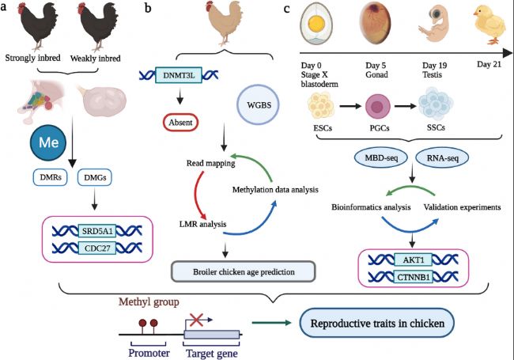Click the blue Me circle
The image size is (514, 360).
tap(48, 142)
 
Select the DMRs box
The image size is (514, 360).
tap(51, 177)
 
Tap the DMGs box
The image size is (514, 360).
tap(95, 177)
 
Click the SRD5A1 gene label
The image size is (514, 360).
tap(97, 231)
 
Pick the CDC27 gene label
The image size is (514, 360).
tap(97, 248)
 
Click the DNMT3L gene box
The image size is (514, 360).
tap(179, 75)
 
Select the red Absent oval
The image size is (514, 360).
tap(180, 123)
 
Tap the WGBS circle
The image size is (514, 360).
tap(259, 105)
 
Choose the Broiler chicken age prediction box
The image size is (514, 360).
tap(244, 272)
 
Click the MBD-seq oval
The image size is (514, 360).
tap(381, 157)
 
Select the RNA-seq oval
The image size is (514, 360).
tap(442, 157)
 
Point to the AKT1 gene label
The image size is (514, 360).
tap(414, 260)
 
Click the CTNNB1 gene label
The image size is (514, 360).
tap(414, 277)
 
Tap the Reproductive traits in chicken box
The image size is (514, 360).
tap(377, 324)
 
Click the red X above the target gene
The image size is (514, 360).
tap(196, 320)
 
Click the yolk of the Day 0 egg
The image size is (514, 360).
tap(316, 23)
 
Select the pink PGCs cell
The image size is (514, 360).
tap(376, 107)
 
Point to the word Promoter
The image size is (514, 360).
tap(149, 353)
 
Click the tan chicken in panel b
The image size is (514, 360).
tap(225, 22)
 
